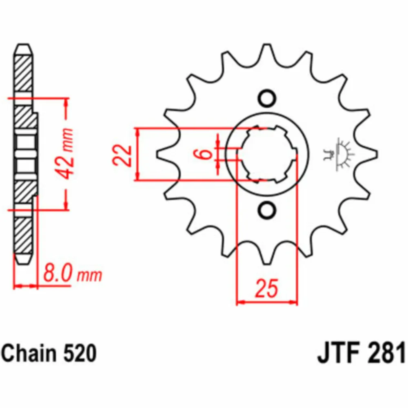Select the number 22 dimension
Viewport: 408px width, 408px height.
pos(122,155)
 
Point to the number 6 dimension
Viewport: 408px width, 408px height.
pos(206,154)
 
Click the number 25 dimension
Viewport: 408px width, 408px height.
pos(267,288)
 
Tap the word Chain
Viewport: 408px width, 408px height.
pos(29,353)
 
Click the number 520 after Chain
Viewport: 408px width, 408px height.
pos(80,353)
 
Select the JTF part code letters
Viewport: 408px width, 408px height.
pos(339,353)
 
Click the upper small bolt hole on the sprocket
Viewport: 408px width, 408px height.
pos(267,98)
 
